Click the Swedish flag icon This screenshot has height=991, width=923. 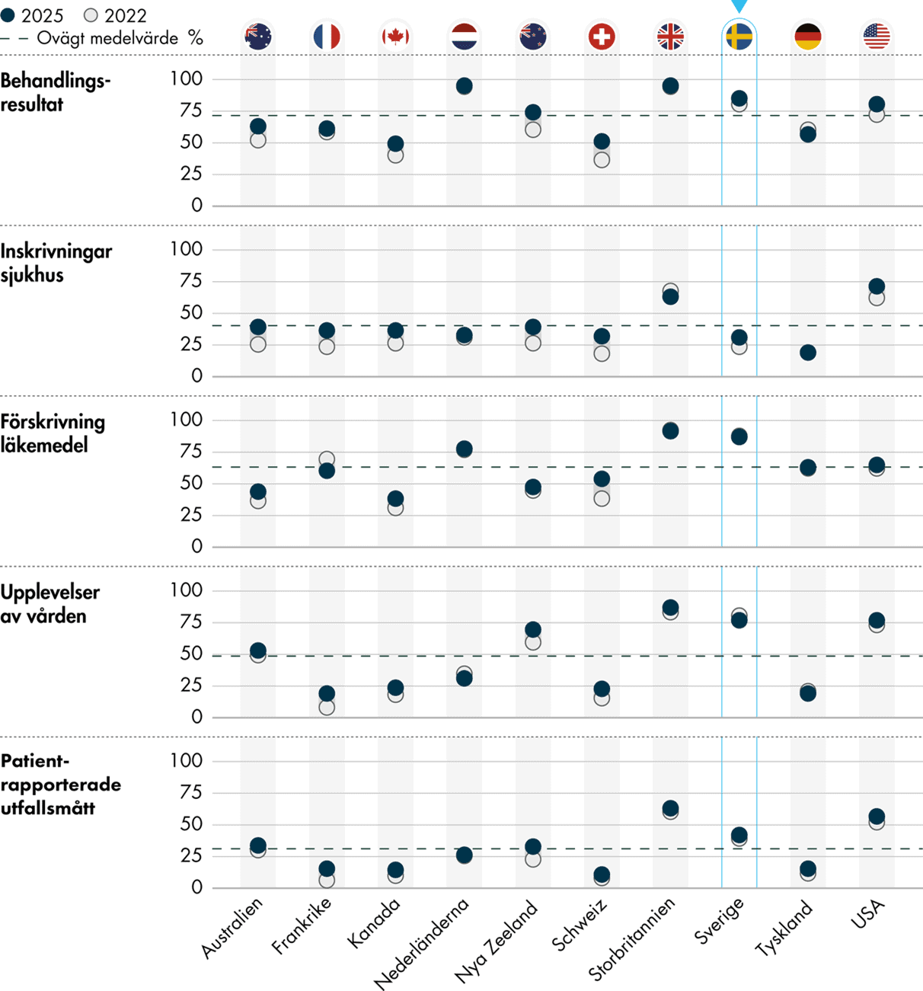(739, 37)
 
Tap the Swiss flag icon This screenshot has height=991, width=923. (602, 37)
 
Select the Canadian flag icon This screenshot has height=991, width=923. (395, 37)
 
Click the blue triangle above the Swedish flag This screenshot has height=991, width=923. (739, 6)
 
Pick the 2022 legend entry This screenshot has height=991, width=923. (116, 15)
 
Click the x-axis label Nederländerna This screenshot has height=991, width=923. (423, 943)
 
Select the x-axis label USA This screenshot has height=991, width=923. (868, 914)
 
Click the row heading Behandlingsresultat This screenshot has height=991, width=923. (55, 92)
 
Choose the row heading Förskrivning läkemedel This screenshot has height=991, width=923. (53, 433)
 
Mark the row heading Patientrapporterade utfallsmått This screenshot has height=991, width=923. (60, 785)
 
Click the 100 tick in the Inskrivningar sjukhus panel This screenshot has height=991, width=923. (186, 249)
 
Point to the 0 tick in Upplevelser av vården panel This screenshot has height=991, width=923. (196, 717)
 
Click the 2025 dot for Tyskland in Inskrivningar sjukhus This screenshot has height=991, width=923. (808, 353)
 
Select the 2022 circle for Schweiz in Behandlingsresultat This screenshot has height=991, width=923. (602, 160)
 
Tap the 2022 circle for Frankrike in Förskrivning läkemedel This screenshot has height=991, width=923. (327, 459)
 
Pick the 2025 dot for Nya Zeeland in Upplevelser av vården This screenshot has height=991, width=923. (533, 630)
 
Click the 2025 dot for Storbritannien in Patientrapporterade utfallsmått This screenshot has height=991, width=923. (670, 808)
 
